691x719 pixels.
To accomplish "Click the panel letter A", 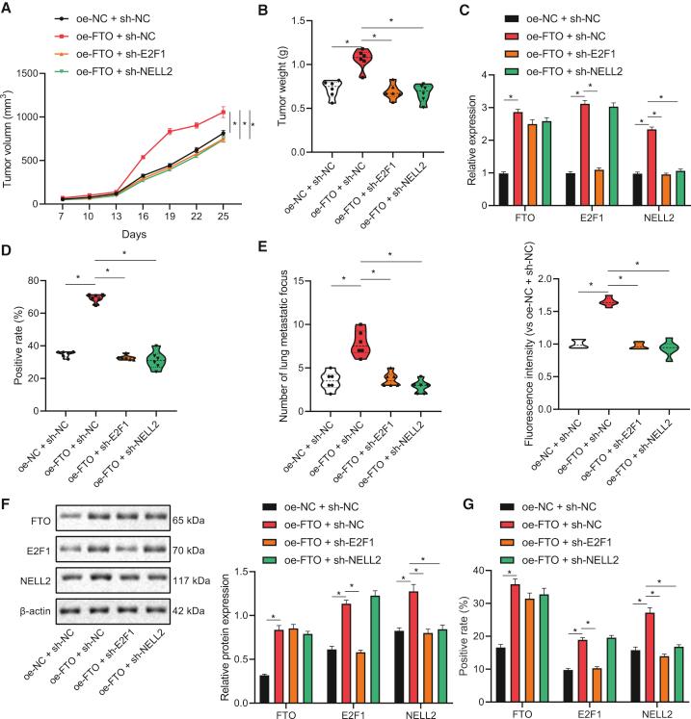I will [8, 9].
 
